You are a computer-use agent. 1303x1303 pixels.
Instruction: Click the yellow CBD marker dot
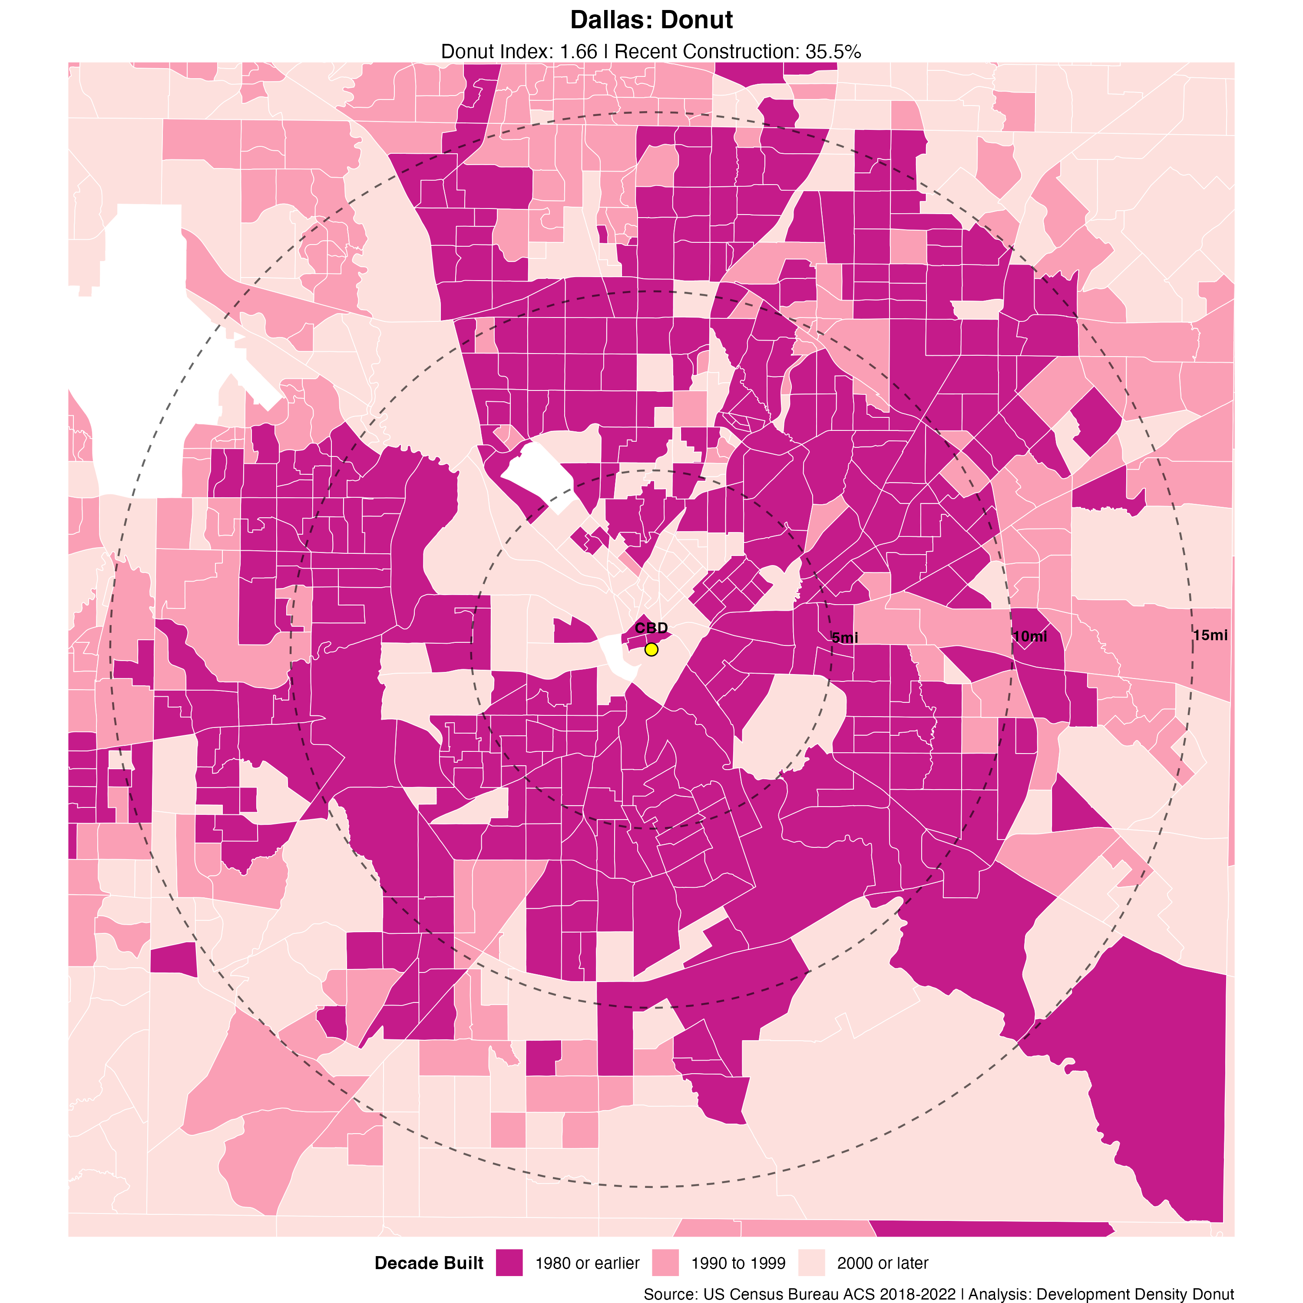coord(651,649)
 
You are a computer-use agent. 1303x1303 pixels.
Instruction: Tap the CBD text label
coord(651,628)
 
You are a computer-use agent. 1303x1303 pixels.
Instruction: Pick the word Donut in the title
coord(698,20)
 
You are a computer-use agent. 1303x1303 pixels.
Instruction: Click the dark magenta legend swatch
coord(509,1263)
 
